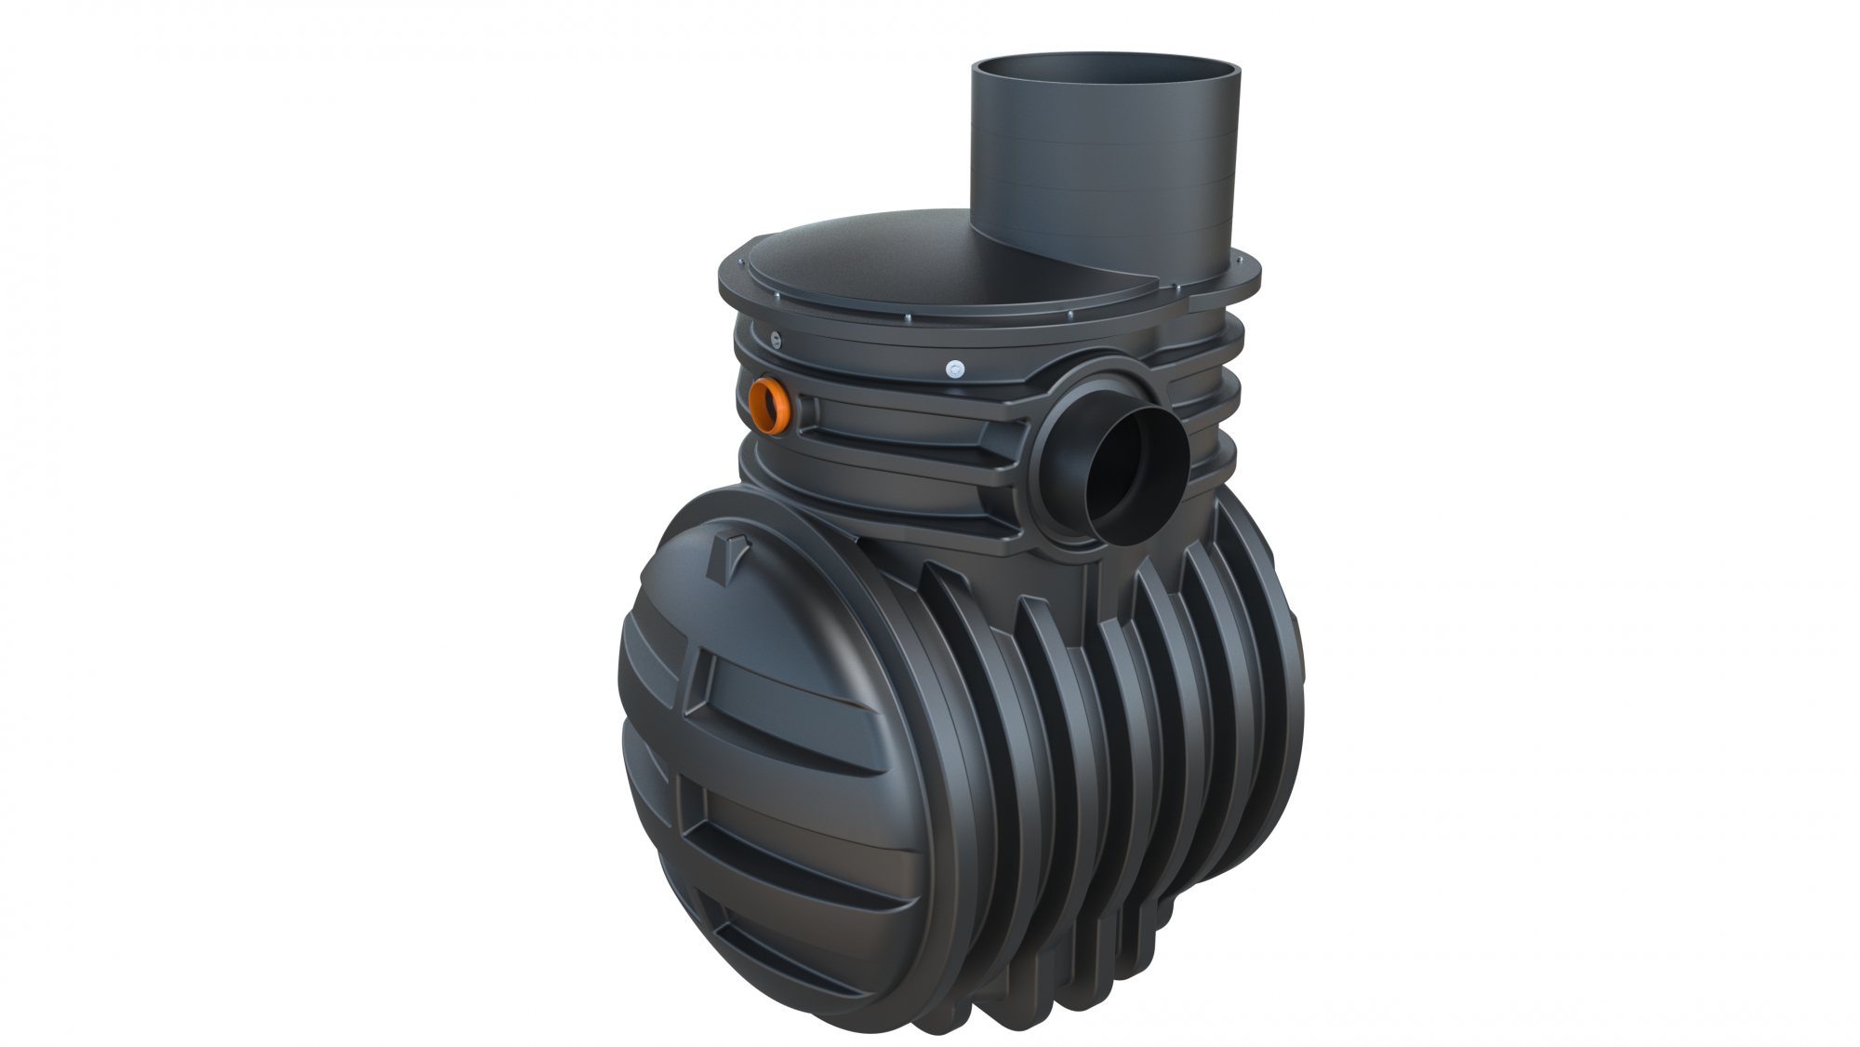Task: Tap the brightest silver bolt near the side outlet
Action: (952, 369)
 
